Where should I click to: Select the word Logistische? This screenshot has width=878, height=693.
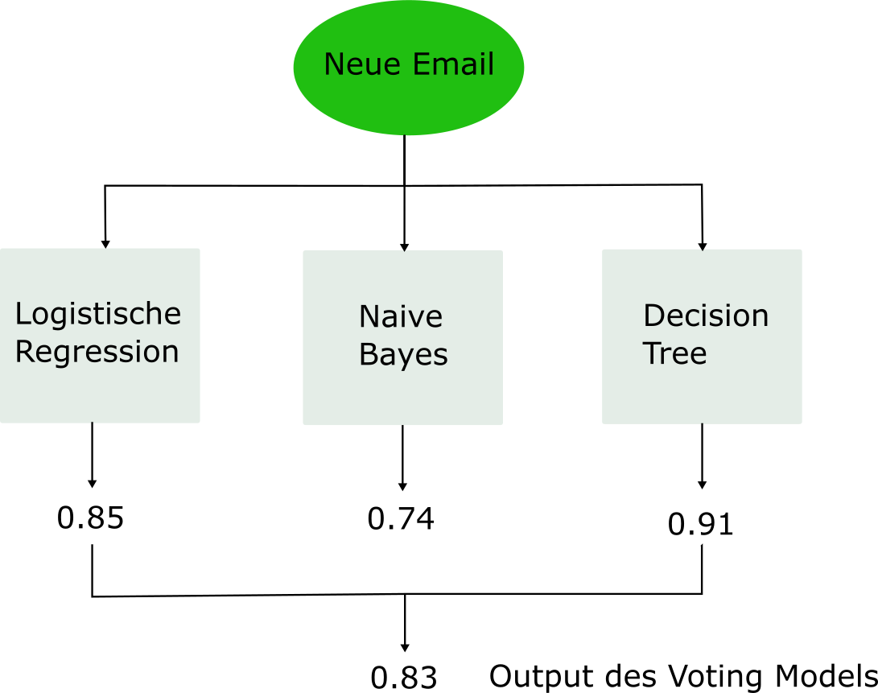(x=98, y=315)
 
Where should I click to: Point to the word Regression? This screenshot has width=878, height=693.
(x=97, y=353)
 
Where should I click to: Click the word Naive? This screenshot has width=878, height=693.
(x=401, y=317)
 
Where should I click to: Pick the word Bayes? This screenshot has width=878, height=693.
(x=403, y=356)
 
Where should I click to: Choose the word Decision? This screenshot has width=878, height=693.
(x=706, y=316)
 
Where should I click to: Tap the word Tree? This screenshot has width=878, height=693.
(x=674, y=354)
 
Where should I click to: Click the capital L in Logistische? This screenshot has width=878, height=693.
(x=23, y=314)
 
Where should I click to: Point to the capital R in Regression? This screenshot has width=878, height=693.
(x=24, y=352)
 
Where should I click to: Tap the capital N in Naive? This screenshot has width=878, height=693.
(x=369, y=317)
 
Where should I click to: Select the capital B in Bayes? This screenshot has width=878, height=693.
(x=368, y=355)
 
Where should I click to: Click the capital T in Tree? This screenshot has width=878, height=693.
(x=651, y=353)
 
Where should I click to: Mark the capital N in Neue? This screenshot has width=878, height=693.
(x=334, y=64)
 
